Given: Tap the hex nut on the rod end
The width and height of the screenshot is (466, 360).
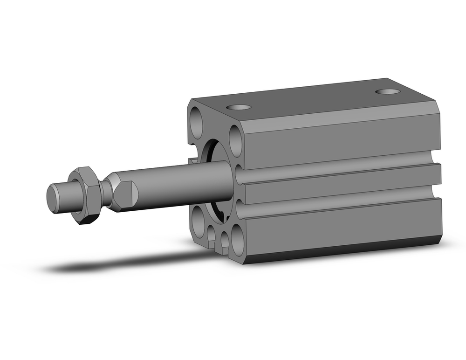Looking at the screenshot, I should click(x=86, y=196).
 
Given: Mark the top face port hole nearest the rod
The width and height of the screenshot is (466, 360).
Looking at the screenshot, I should click(x=239, y=107).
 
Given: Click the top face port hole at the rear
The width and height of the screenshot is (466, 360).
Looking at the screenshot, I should click(x=387, y=91).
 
